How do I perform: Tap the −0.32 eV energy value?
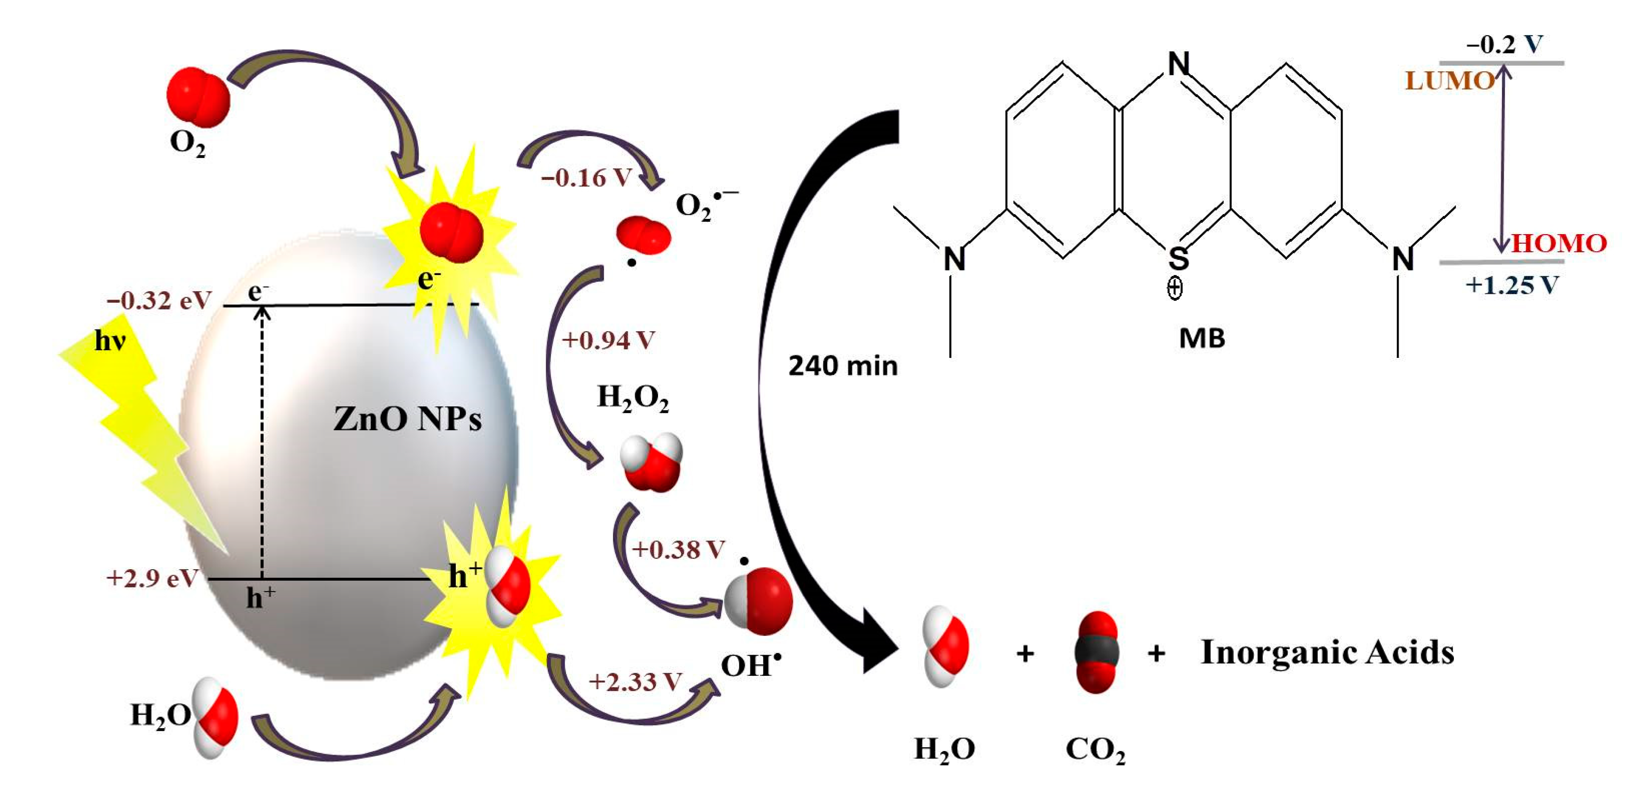tap(159, 300)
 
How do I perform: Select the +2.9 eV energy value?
tap(152, 578)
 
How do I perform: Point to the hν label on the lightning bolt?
tap(110, 341)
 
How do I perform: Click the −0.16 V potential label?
tap(586, 178)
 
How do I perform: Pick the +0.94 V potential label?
tap(608, 341)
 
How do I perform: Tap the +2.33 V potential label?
tap(635, 682)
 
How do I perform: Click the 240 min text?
tap(843, 366)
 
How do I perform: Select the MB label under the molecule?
tap(1201, 338)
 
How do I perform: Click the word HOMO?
tap(1558, 244)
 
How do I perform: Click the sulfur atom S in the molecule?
tap(1178, 258)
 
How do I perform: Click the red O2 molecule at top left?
tap(198, 97)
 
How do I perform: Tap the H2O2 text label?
tap(633, 398)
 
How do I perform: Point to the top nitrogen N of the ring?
tap(1179, 63)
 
